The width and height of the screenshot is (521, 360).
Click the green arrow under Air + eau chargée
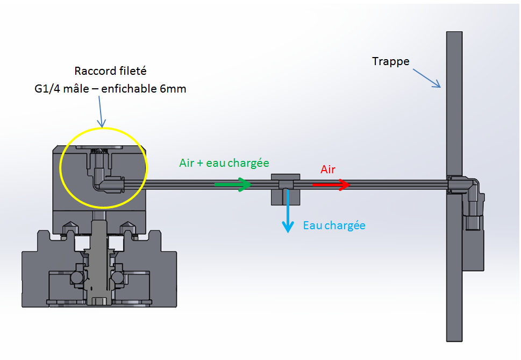(233, 185)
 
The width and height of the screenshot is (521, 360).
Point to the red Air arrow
(331, 185)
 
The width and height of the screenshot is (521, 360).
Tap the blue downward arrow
(289, 209)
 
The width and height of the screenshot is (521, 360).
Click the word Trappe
(390, 61)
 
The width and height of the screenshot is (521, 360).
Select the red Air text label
(328, 170)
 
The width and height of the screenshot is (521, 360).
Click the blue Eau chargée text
(334, 225)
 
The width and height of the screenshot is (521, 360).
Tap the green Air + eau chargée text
(224, 163)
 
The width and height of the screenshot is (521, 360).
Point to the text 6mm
(173, 89)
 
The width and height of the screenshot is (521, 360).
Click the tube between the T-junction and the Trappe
(387, 185)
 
